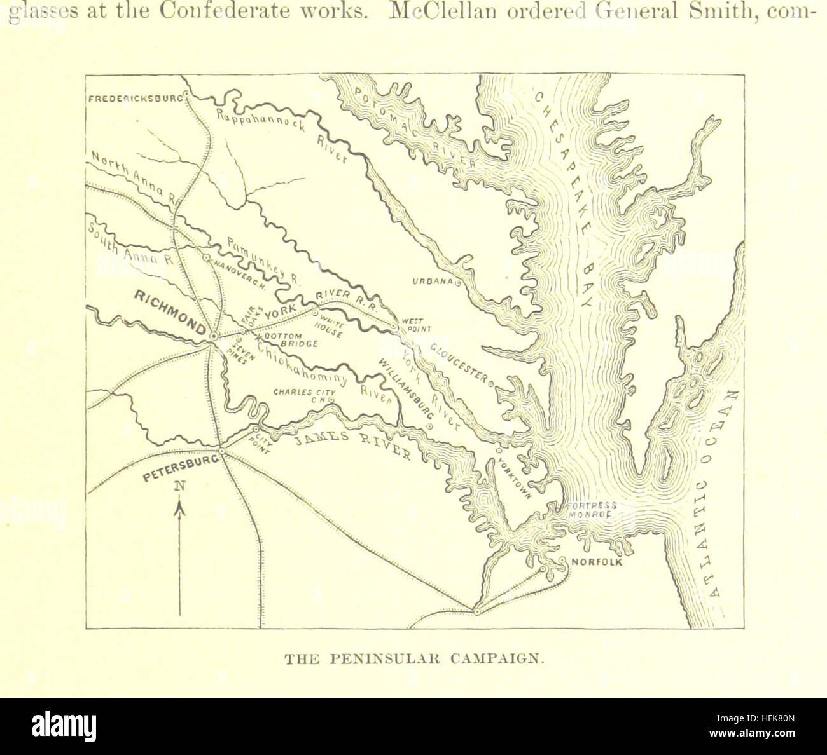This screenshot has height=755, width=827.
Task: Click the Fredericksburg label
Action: tap(135, 99)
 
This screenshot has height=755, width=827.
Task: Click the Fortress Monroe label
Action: tap(592, 510)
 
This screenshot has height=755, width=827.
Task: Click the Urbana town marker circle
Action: tap(457, 285)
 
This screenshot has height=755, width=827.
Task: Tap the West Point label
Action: tap(415, 325)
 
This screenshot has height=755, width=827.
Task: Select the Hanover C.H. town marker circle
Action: tap(206, 258)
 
